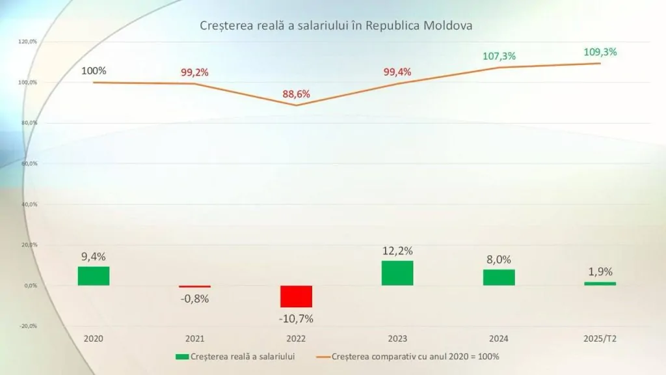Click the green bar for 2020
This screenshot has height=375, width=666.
[x=94, y=276]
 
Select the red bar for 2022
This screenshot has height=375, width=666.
[x=296, y=296]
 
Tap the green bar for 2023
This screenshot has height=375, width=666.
[x=397, y=273]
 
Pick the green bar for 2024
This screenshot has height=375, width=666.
[x=499, y=277]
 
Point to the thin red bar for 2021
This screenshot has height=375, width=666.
[x=194, y=286]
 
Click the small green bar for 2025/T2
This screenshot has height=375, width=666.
[x=600, y=284]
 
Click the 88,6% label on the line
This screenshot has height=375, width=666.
[x=296, y=94]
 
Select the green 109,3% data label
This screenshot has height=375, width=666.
[x=600, y=52]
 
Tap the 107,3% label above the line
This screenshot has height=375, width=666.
[x=499, y=56]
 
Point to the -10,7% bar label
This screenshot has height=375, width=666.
[x=296, y=318]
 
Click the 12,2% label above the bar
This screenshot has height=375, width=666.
[x=397, y=251]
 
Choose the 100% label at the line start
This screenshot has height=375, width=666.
[x=94, y=70]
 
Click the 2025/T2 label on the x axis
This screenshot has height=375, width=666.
[x=600, y=339]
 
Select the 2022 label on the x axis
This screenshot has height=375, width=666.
[x=296, y=339]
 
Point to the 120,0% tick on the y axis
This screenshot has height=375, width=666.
[x=27, y=42]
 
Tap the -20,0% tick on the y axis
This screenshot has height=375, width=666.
[x=29, y=326]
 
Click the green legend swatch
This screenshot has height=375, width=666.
[x=182, y=357]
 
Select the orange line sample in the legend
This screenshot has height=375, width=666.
[x=323, y=357]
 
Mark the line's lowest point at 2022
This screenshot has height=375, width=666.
[x=296, y=105]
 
